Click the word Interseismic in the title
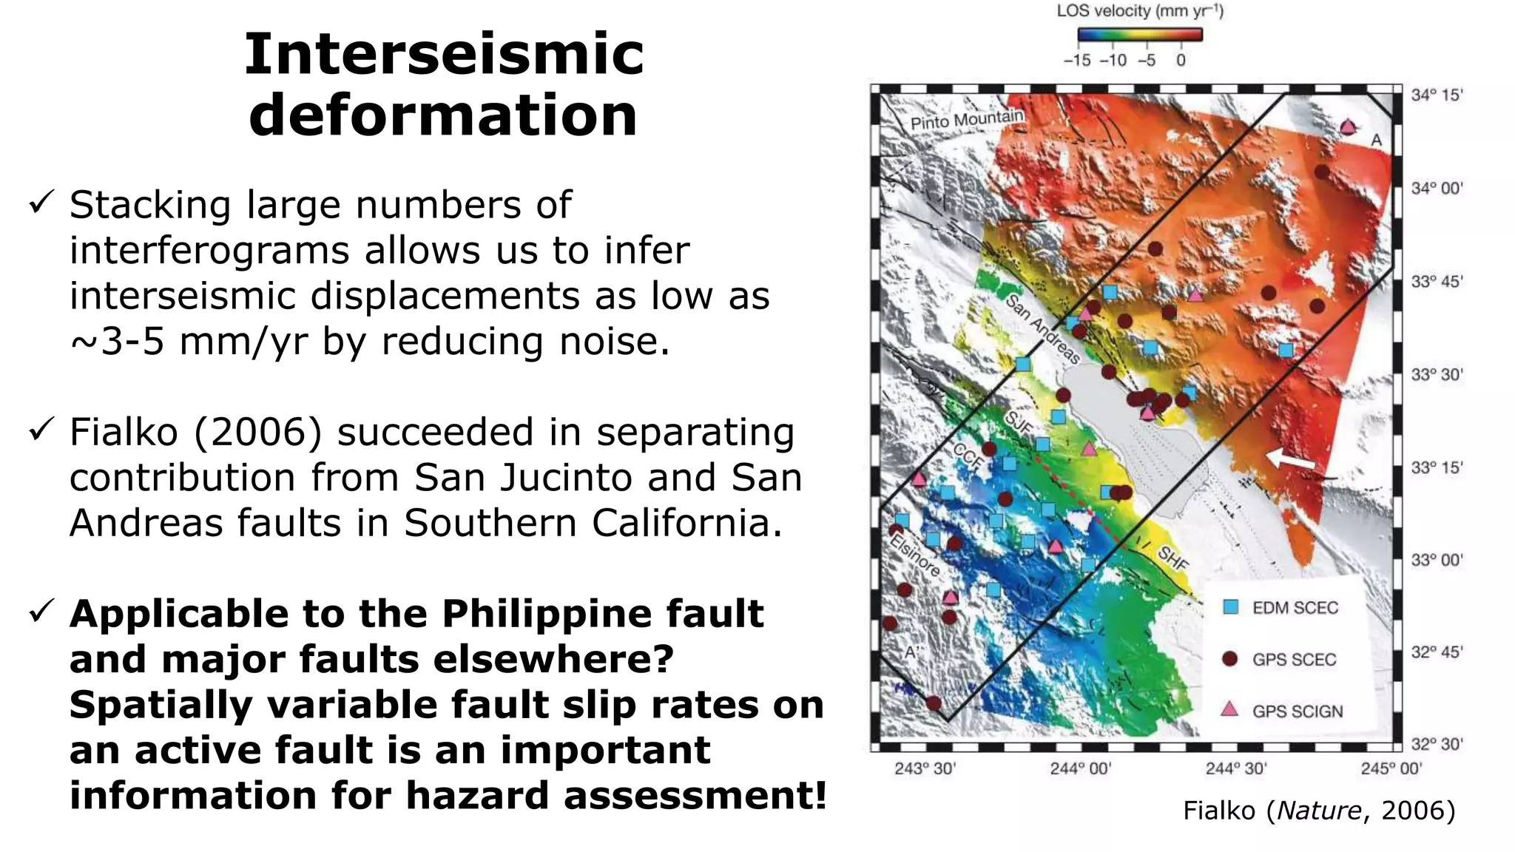(x=444, y=55)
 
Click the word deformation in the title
(x=443, y=115)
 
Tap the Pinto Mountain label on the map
(x=966, y=120)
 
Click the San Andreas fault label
(x=1042, y=329)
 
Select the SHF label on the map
(x=1172, y=558)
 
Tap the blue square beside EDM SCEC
(x=1230, y=607)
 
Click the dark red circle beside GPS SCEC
(x=1229, y=658)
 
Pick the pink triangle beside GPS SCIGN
(x=1229, y=710)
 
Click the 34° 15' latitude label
(x=1437, y=95)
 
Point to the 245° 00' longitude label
(x=1391, y=769)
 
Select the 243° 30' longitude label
(x=925, y=769)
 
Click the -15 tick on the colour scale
(x=1076, y=61)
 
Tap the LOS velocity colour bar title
(x=1139, y=11)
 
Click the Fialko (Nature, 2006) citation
(x=1319, y=811)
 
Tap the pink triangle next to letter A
(x=1348, y=127)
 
